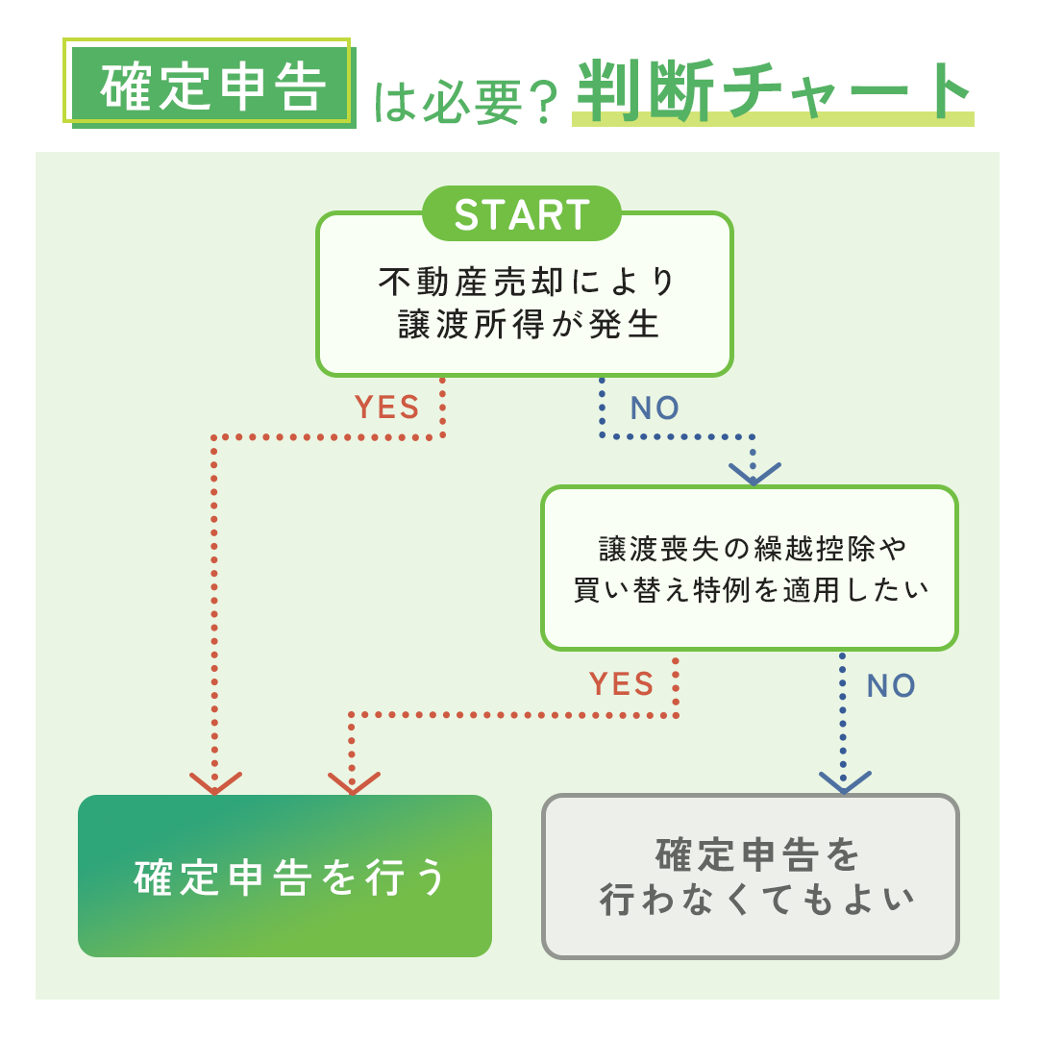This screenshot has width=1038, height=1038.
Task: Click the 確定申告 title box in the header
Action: coord(211,86)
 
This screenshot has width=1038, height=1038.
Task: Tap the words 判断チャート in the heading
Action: coord(773,91)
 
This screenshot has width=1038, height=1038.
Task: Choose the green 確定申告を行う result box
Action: coord(284,876)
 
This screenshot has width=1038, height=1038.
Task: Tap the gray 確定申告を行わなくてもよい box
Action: coord(751,876)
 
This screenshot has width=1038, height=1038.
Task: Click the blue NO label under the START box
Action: coord(655,408)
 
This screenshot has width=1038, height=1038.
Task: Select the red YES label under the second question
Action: coord(621,684)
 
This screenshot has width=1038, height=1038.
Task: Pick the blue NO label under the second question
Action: coord(891,685)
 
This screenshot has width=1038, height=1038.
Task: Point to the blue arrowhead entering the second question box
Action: coord(754,473)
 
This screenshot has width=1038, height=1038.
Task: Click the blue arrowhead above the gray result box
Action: coord(844,781)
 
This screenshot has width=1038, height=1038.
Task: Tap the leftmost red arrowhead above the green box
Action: coord(214,782)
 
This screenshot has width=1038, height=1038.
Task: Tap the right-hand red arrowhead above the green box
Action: coord(353,782)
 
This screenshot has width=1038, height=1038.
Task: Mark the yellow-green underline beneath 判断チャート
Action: coord(773,120)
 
